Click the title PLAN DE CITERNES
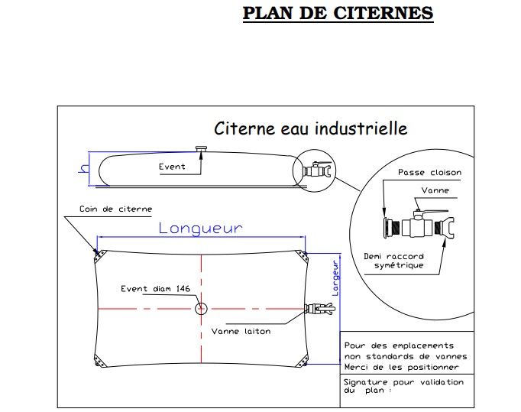338,14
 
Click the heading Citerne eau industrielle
310,128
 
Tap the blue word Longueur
200,228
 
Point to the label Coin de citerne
115,209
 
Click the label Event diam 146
156,288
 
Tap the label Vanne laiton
241,331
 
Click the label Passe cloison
429,173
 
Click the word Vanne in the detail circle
435,190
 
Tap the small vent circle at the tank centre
201,308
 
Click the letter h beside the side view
83,169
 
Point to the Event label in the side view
172,167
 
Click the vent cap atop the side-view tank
202,149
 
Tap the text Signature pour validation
403,381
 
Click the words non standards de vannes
406,356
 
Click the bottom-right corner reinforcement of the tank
303,358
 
